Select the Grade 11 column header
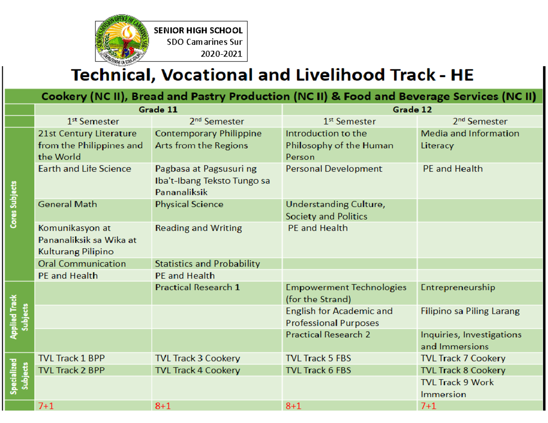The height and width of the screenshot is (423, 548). [x=158, y=110]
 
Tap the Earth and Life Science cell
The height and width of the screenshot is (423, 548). [x=85, y=169]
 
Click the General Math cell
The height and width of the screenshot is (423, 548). [x=68, y=204]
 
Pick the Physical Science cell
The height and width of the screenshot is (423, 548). [x=189, y=204]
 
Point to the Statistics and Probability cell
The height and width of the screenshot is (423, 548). [x=207, y=264]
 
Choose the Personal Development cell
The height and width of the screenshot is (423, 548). [x=334, y=169]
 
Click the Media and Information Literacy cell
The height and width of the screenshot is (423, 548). [x=470, y=140]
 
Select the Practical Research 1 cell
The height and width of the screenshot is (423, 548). [x=197, y=288]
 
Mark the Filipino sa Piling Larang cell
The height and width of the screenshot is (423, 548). [x=470, y=312]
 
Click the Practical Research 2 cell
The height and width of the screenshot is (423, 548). [x=327, y=335]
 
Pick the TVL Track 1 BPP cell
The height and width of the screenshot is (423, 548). [x=68, y=359]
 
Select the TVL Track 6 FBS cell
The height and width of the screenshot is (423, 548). [x=318, y=371]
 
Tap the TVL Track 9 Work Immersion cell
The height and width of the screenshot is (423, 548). [x=457, y=388]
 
